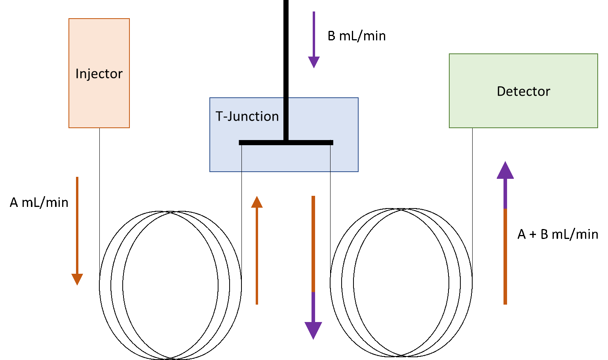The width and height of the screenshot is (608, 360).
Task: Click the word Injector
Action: tap(99, 74)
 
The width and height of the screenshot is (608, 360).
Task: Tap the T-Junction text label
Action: tap(247, 116)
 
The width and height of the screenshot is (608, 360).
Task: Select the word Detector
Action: tap(523, 91)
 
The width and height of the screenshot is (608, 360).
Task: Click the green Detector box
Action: tap(523, 111)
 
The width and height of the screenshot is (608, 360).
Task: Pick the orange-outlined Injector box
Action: tap(99, 103)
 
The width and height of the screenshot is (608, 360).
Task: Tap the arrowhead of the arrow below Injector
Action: tap(77, 279)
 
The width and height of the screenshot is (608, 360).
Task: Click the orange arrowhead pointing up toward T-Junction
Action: tap(257, 202)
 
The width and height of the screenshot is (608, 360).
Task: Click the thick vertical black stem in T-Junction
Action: tap(286, 119)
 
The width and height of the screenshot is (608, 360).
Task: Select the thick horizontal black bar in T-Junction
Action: tap(286, 142)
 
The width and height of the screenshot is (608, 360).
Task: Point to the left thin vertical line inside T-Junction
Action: tap(241, 158)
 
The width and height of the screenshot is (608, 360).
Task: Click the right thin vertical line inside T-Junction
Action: tap(330, 158)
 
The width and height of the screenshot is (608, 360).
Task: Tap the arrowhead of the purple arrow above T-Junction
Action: tap(314, 62)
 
